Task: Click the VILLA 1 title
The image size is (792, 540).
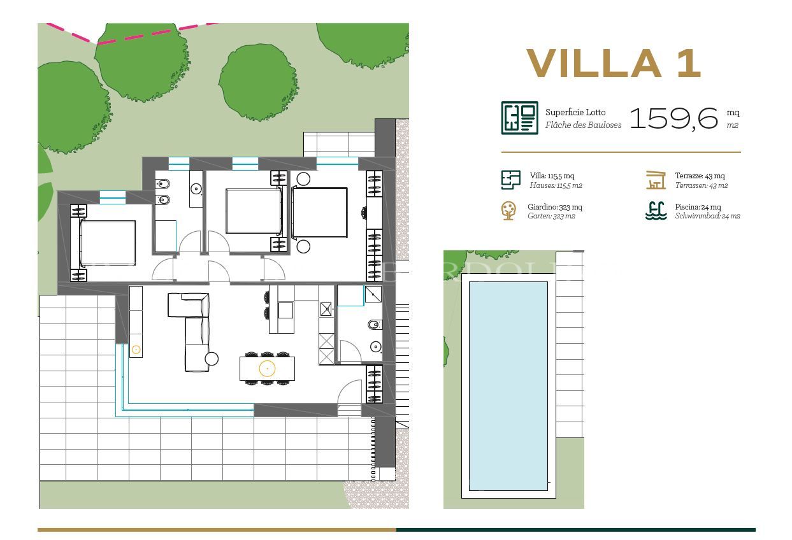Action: pyautogui.click(x=614, y=64)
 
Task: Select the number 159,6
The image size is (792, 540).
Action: pyautogui.click(x=674, y=118)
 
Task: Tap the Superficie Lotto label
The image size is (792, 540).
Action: pyautogui.click(x=575, y=112)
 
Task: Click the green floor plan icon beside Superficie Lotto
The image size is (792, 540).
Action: pyautogui.click(x=519, y=118)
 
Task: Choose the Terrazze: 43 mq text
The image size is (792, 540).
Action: pyautogui.click(x=700, y=176)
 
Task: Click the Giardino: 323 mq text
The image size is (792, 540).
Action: pyautogui.click(x=554, y=207)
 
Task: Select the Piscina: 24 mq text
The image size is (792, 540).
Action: pyautogui.click(x=698, y=207)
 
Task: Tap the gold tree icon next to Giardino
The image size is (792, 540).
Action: pyautogui.click(x=508, y=211)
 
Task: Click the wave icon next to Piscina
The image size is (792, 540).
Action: pyautogui.click(x=656, y=211)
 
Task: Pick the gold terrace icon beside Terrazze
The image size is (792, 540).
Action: pyautogui.click(x=656, y=180)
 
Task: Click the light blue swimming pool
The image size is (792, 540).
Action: pyautogui.click(x=508, y=385)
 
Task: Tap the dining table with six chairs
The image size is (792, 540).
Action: pyautogui.click(x=267, y=368)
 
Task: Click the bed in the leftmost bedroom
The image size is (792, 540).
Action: pyautogui.click(x=107, y=243)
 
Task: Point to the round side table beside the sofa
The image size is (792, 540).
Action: pyautogui.click(x=212, y=359)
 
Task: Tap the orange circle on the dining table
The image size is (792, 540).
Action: pyautogui.click(x=267, y=368)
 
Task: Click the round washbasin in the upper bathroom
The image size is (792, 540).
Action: pyautogui.click(x=196, y=188)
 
